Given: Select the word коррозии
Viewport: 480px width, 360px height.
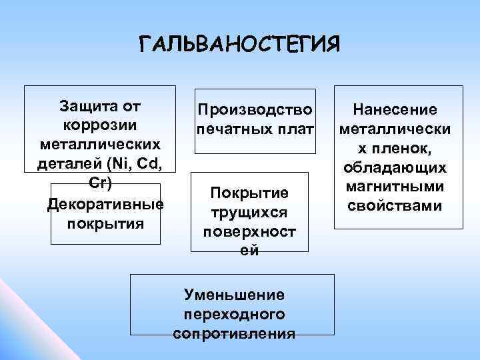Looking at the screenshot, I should (x=99, y=125).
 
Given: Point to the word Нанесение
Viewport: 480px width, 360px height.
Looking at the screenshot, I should (x=395, y=109).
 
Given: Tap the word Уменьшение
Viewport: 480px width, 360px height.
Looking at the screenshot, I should (x=233, y=294).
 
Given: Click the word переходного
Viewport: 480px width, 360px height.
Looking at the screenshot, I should (x=233, y=313).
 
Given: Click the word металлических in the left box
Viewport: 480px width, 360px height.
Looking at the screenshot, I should (x=99, y=144).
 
